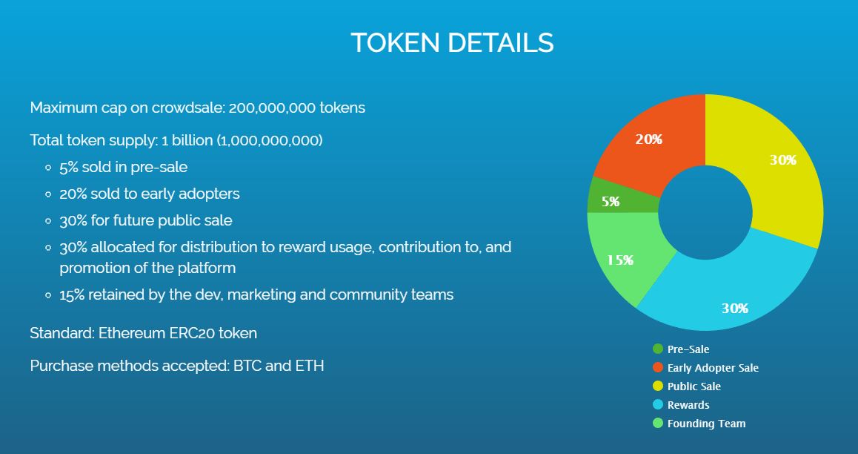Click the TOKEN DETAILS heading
coord(452,43)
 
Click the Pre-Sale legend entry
coord(681,349)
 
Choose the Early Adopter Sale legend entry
coord(706,367)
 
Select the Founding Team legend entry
coord(699,424)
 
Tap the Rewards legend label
coord(688,405)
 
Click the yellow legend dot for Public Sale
coord(658,386)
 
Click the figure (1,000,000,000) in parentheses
coord(270,141)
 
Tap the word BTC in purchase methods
coord(247,365)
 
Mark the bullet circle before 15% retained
coord(49,296)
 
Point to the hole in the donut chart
coord(705,212)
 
